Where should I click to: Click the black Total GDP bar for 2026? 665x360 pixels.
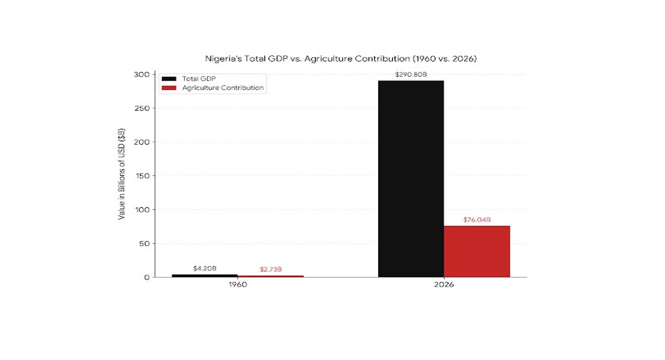point(411,179)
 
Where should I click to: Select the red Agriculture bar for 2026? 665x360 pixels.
point(476,251)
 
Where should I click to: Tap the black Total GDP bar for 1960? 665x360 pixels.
point(204,275)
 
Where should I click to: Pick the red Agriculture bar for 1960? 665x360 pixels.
point(271,277)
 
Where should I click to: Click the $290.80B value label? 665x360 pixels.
point(411,75)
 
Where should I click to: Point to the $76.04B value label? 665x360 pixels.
point(477,220)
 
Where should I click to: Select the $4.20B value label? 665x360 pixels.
point(205,268)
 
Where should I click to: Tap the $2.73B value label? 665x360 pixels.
point(271,269)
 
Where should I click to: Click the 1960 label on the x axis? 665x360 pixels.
point(237,284)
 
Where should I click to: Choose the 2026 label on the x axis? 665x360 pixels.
point(444,284)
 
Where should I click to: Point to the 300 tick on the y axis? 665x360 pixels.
point(142,75)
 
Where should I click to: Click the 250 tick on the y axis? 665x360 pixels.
point(142,109)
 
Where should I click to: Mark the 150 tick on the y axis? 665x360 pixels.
point(142,176)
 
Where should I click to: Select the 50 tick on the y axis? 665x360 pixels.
point(144,244)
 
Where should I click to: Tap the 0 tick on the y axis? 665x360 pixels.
point(147,277)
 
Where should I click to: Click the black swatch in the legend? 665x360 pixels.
point(169,79)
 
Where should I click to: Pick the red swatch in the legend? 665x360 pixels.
point(169,88)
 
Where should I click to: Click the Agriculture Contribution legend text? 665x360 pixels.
point(223,88)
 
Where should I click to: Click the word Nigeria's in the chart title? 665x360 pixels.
point(223,59)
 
